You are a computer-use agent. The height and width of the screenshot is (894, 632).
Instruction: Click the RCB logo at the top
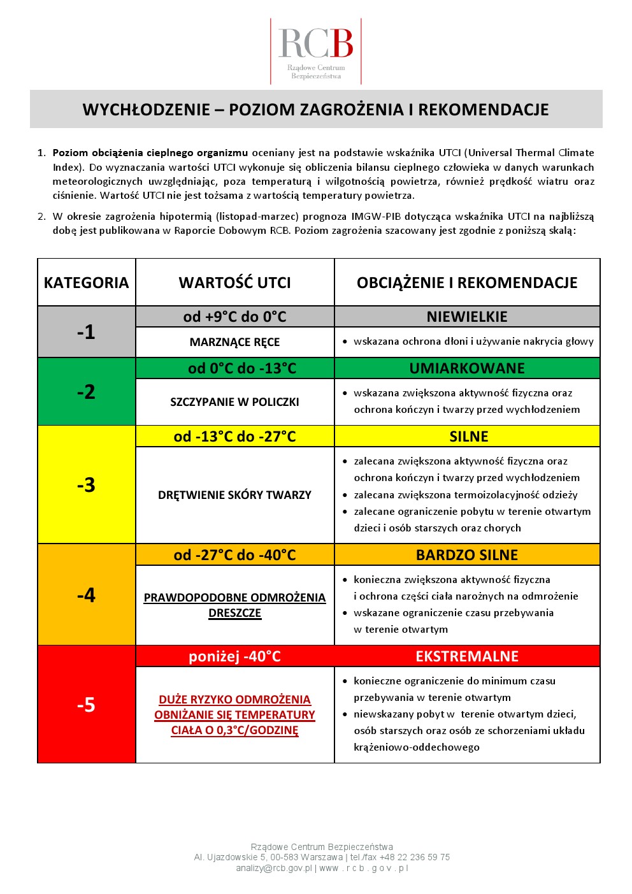[316, 51]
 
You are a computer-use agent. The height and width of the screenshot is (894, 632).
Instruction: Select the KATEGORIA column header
[86, 283]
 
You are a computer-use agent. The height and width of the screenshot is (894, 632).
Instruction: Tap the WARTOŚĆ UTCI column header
[234, 283]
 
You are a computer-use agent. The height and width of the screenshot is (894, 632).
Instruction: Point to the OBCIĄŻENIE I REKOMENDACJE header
[467, 283]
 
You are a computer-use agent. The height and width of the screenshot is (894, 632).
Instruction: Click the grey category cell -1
[86, 332]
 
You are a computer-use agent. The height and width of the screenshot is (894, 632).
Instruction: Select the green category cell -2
[86, 392]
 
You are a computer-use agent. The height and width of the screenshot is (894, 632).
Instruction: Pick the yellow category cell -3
[86, 485]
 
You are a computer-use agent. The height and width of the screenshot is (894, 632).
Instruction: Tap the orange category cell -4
[86, 595]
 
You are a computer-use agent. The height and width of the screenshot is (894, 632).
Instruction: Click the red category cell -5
[86, 705]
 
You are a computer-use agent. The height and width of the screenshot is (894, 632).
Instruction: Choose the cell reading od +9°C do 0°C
[234, 317]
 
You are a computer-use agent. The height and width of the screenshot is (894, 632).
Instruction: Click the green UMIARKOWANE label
[467, 368]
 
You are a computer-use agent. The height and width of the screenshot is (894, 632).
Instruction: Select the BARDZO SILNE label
[467, 555]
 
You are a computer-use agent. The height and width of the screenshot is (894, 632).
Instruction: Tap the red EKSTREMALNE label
[467, 656]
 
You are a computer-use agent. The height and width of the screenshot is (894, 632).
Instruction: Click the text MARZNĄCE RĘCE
[234, 342]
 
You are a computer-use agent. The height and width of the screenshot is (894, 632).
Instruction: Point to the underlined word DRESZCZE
[234, 613]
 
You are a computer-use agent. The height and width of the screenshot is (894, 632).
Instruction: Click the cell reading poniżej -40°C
[234, 656]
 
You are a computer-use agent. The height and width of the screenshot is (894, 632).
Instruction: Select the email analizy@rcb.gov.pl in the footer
[274, 868]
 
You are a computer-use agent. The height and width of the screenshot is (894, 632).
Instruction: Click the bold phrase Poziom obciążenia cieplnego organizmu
[150, 153]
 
